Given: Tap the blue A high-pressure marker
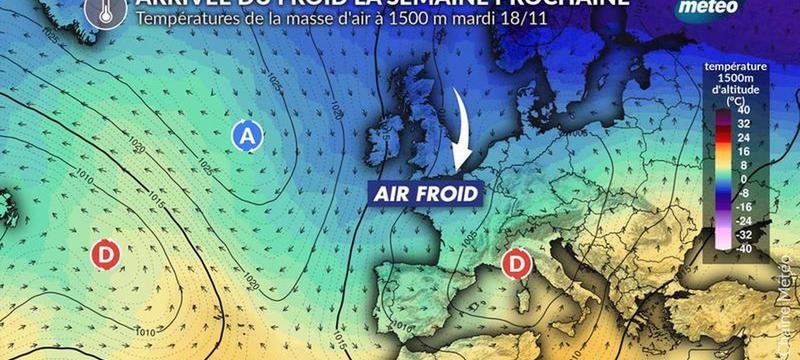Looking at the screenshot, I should [x=246, y=137].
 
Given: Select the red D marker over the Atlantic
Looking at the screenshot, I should [x=106, y=255].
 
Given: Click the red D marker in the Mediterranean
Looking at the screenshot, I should [x=516, y=264].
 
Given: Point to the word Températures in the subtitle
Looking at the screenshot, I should [x=191, y=19].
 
